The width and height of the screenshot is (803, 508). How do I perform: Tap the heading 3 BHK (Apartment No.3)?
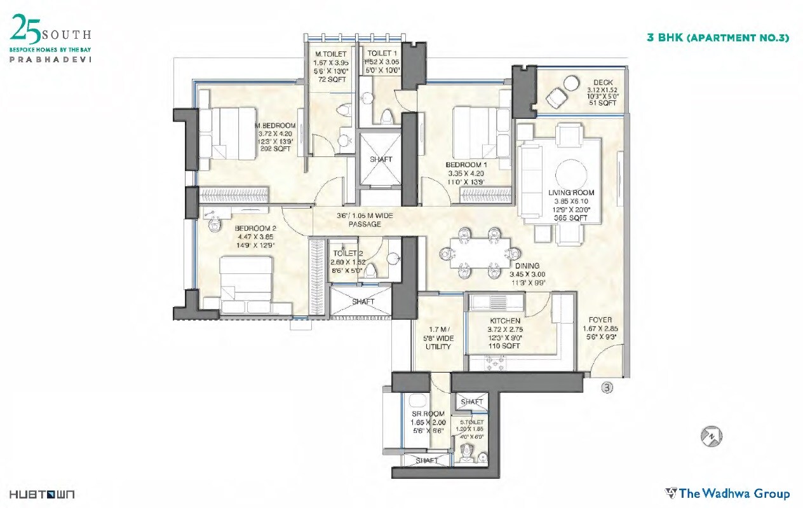[717, 38]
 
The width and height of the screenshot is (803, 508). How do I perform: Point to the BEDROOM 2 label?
[255, 228]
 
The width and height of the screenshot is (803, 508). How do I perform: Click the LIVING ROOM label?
[571, 193]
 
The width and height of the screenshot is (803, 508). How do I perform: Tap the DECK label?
[602, 83]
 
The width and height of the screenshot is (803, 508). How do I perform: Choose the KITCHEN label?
[505, 321]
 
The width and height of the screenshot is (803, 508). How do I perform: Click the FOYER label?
[600, 320]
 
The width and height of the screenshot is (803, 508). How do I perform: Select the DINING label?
[527, 266]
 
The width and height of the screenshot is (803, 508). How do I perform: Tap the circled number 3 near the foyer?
[607, 387]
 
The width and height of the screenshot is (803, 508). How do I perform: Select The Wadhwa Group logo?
[727, 493]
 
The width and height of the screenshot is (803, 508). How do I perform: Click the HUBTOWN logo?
[42, 494]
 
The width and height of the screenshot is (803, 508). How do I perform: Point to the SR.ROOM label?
[428, 414]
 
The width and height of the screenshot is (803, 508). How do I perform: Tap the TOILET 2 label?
[347, 253]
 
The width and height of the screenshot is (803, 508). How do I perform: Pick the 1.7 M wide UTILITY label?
[438, 338]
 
